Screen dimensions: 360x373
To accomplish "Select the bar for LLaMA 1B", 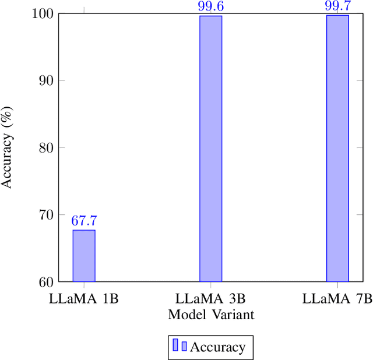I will click(83, 256).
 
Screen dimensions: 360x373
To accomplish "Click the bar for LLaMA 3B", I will click(210, 149).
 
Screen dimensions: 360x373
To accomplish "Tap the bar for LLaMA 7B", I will click(337, 148).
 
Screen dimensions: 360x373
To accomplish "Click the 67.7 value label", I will click(83, 221).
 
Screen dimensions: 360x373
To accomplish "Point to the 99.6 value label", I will click(210, 7).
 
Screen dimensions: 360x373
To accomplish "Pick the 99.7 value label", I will click(337, 6).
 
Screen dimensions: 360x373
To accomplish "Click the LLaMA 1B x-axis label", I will click(83, 299).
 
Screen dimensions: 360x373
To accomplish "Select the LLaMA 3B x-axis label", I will click(210, 299).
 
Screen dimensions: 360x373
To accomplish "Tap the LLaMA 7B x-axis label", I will click(337, 299).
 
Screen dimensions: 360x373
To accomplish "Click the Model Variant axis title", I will click(210, 315).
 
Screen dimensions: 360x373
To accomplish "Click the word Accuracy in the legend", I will click(217, 347).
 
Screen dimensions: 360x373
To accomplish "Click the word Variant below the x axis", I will click(231, 315).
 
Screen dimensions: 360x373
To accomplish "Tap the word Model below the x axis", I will click(185, 315).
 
